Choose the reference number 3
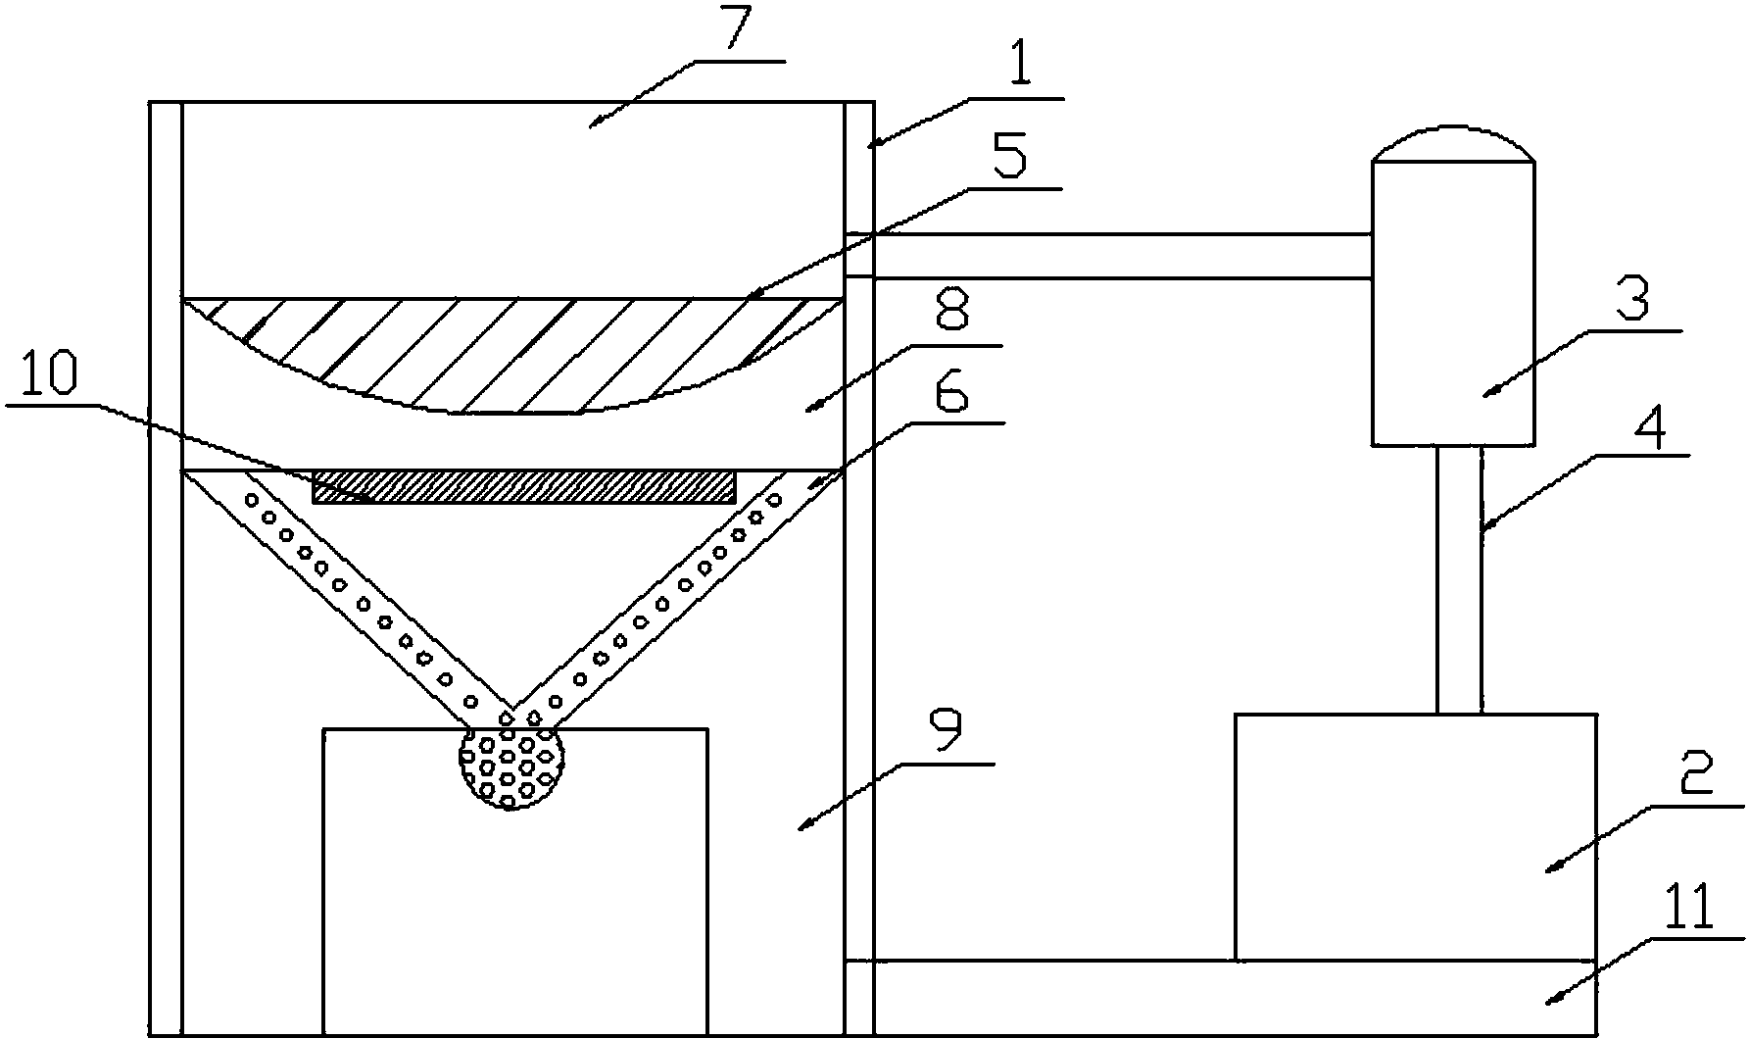pos(1628,304)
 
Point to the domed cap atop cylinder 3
pos(1452,145)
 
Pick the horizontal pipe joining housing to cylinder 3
pos(1107,257)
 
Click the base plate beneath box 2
pos(1220,999)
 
